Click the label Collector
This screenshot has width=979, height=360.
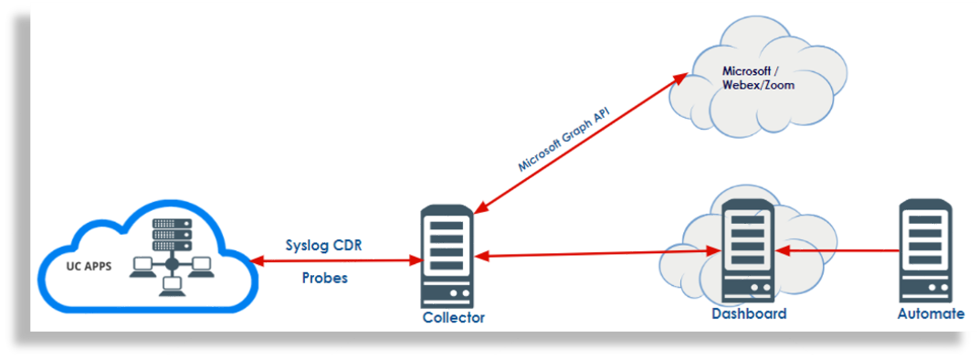454,318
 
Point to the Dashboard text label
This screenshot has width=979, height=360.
749,313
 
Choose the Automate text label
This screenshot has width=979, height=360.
931,313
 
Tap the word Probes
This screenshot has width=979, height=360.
325,278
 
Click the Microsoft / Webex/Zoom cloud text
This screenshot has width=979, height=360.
758,78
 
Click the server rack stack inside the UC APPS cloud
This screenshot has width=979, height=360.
171,234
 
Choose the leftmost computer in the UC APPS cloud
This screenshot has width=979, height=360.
142,265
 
